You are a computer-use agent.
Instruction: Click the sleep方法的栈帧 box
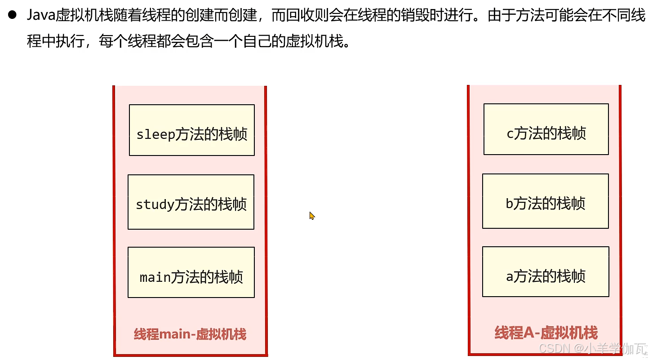(x=192, y=130)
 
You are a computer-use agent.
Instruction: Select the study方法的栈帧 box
(x=191, y=202)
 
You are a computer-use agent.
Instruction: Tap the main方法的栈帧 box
(x=191, y=272)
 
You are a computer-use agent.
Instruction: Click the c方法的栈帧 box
(x=546, y=129)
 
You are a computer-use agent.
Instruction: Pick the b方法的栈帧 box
(x=546, y=201)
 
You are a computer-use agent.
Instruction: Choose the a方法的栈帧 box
(x=546, y=271)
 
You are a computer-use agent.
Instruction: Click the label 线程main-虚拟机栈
(x=190, y=334)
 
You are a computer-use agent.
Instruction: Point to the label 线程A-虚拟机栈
(x=546, y=333)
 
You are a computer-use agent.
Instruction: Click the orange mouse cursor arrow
(x=311, y=216)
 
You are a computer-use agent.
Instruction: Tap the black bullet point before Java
(x=12, y=15)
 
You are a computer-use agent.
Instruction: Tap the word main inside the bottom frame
(x=155, y=277)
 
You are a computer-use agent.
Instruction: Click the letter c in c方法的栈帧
(x=510, y=134)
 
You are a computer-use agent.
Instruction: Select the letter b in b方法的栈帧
(x=510, y=204)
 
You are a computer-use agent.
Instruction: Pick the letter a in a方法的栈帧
(x=510, y=277)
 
